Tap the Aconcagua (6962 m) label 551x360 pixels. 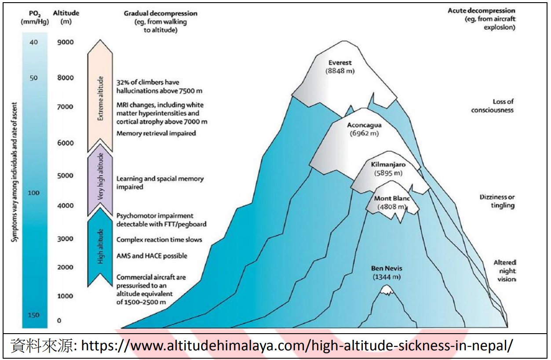[364, 129]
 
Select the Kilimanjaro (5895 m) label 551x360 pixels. [388, 169]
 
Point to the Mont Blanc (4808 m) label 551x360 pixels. [392, 202]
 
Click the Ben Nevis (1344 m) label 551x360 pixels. [387, 273]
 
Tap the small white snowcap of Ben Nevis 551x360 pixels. [387, 290]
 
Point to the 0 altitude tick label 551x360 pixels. [59, 320]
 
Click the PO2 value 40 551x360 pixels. [34, 42]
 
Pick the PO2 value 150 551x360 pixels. [34, 315]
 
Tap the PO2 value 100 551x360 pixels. [34, 193]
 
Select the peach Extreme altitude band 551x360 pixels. [100, 99]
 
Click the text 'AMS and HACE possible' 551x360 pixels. [152, 256]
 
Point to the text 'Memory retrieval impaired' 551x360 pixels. [156, 133]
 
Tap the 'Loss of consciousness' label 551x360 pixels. [492, 105]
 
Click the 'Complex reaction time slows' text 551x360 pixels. [159, 240]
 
